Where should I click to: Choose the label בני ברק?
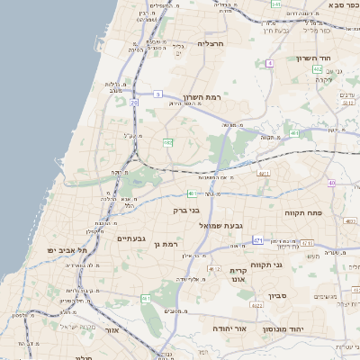coord(186,210)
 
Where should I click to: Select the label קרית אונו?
coord(238,275)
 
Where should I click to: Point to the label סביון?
coord(275,295)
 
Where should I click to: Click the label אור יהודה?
coord(229,328)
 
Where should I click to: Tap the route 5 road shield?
coord(157,94)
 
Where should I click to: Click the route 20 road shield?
coord(133,104)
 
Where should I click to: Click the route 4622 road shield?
coord(256,305)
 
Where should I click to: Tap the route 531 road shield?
coord(276,4)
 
